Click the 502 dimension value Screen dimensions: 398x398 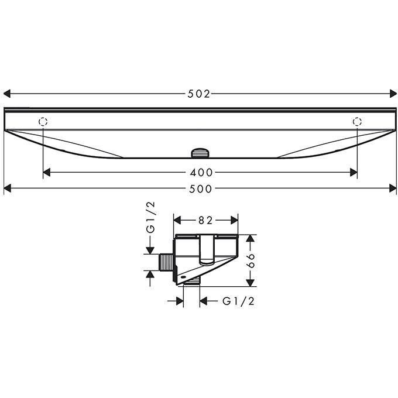199,94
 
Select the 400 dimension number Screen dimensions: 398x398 201,173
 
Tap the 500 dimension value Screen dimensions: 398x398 201,189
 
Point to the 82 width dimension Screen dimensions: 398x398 205,220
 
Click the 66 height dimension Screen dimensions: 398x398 251,260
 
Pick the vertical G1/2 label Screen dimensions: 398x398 150,217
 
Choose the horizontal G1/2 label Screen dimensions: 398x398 238,301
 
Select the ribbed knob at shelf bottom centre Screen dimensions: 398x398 200,153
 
